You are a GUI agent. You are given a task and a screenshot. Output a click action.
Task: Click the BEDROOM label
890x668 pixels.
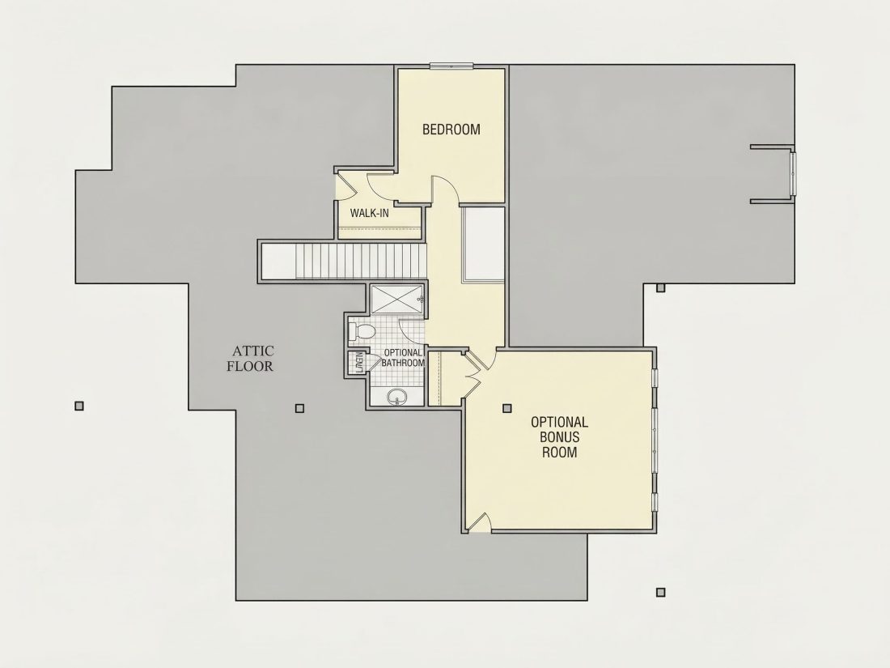tap(451, 130)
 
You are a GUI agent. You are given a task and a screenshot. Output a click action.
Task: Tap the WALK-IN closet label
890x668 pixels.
tap(370, 213)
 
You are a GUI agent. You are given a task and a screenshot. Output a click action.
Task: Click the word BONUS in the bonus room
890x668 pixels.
tap(560, 436)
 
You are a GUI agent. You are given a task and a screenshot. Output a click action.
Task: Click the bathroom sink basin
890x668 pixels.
tap(396, 397)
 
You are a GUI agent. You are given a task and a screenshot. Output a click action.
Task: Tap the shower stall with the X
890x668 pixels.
tap(397, 299)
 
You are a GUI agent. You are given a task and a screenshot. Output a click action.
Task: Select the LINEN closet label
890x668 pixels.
tap(359, 363)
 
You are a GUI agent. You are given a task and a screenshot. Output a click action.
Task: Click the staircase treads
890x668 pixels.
tap(360, 261)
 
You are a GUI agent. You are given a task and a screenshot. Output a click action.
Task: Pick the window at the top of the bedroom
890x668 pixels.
tap(451, 66)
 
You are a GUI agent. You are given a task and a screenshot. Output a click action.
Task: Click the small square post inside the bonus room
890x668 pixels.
tap(506, 408)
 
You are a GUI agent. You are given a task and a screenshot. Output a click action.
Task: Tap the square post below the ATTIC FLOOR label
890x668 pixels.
tap(299, 408)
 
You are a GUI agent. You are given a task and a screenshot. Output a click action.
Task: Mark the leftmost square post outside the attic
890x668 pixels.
tap(79, 406)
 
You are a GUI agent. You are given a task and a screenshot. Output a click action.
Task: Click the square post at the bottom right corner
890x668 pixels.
tap(660, 593)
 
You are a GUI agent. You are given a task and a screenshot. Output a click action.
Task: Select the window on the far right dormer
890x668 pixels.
tap(793, 173)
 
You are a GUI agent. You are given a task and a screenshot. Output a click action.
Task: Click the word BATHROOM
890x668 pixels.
tap(403, 363)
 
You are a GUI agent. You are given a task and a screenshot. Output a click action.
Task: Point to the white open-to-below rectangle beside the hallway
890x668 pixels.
tap(483, 245)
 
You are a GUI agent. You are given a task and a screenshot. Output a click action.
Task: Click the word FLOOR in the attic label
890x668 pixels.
tap(250, 366)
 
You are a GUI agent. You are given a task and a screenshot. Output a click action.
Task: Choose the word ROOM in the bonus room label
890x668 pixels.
tap(560, 452)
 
